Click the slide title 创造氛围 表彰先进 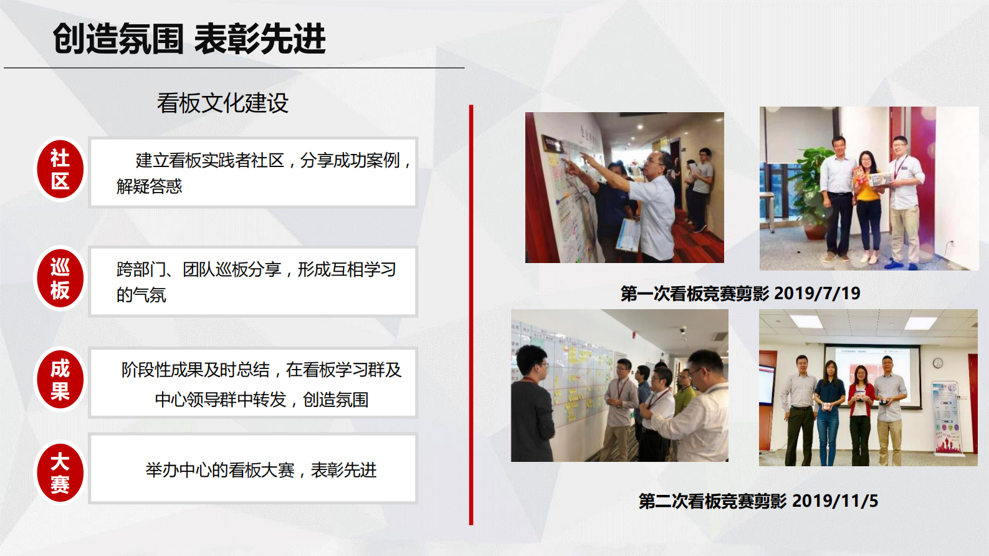[x=189, y=39]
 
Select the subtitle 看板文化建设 [x=222, y=103]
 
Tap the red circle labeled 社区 [x=60, y=170]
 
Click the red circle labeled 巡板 [x=60, y=279]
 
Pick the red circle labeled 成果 [x=60, y=380]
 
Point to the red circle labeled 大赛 [x=60, y=472]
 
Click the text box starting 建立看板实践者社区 [x=253, y=172]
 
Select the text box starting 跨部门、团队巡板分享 [x=253, y=282]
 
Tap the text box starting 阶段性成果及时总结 [x=253, y=383]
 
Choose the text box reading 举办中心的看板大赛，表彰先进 [x=253, y=469]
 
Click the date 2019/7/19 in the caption [x=817, y=293]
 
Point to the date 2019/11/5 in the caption [x=835, y=501]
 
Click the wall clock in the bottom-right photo [x=937, y=363]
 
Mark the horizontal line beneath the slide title [x=234, y=67]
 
